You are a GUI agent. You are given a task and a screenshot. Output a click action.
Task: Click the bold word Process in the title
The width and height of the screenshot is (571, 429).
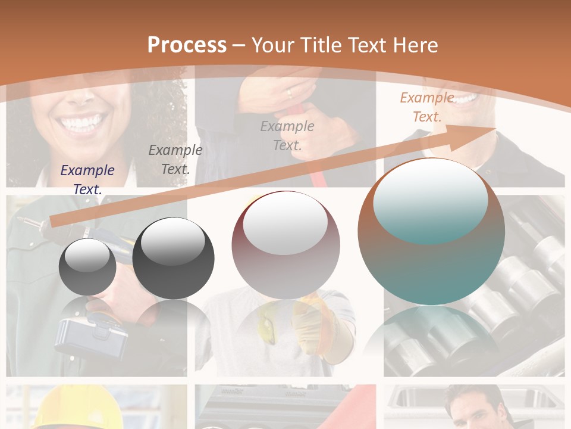pos(187,45)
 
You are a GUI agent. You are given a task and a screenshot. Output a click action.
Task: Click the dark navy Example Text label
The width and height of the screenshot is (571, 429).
pos(87,179)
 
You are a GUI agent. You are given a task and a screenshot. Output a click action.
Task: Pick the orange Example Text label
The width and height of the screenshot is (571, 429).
pos(427,107)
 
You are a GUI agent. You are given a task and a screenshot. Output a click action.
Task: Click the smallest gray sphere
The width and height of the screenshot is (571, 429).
pos(87,267)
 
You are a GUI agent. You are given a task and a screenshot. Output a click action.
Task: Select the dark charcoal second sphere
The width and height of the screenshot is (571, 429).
pos(173,259)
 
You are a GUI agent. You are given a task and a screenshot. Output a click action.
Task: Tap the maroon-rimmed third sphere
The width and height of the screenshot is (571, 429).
pos(285,245)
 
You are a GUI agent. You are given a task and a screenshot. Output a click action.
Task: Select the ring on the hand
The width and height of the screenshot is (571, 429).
pos(290,93)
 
